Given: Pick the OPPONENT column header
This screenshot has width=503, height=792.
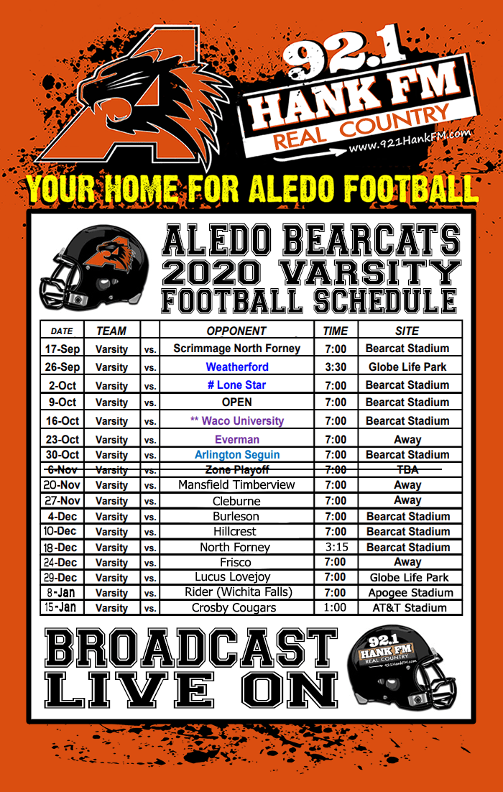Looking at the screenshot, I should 236,331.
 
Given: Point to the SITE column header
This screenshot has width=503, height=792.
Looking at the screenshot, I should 407,331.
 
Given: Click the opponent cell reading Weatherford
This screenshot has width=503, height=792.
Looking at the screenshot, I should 236,367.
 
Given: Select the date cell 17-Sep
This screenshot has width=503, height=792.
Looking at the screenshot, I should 63,349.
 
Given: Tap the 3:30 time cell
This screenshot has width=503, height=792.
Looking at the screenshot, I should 336,367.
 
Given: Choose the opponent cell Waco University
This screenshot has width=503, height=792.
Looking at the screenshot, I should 236,420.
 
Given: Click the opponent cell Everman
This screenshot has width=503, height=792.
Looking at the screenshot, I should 236,439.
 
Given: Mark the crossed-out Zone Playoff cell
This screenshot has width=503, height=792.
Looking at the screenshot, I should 236,469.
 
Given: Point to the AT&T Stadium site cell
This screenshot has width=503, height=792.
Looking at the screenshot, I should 407,608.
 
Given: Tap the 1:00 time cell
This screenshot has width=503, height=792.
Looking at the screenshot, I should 336,608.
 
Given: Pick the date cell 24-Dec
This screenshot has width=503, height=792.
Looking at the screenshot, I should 63,563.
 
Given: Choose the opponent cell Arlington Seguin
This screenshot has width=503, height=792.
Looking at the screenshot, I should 236,455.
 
